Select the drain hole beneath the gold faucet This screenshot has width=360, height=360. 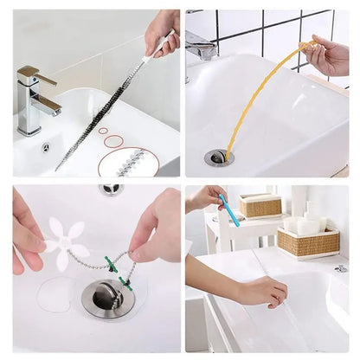(x=46, y=147)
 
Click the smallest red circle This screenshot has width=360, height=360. (x=103, y=131)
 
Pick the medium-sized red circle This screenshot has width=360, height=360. (x=113, y=140)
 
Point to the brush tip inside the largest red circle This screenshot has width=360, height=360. (x=130, y=161)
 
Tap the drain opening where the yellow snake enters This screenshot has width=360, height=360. (x=219, y=157)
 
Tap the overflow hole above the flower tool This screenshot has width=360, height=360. (x=111, y=189)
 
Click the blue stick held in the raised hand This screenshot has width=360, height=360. (x=228, y=210)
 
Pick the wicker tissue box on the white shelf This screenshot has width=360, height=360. (x=260, y=206)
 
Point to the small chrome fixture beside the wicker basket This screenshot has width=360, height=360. (x=342, y=269)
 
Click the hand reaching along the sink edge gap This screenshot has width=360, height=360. (x=260, y=292)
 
